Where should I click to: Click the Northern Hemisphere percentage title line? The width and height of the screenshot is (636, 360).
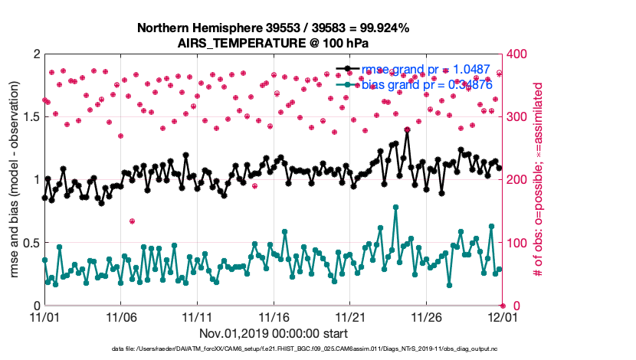click(273, 28)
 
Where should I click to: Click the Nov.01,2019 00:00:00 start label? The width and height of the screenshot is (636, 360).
click(274, 333)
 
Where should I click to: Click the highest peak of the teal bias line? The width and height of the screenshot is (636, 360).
click(395, 207)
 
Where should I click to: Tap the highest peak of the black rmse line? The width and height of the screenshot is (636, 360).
click(407, 130)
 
